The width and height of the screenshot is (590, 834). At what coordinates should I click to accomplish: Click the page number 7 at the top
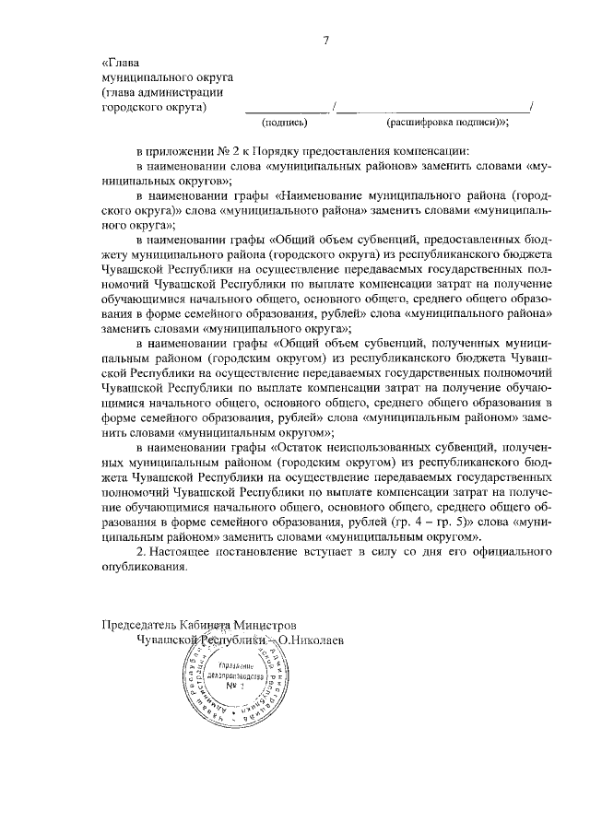pyautogui.click(x=325, y=40)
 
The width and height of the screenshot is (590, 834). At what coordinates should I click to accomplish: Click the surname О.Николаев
pyautogui.click(x=312, y=639)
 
